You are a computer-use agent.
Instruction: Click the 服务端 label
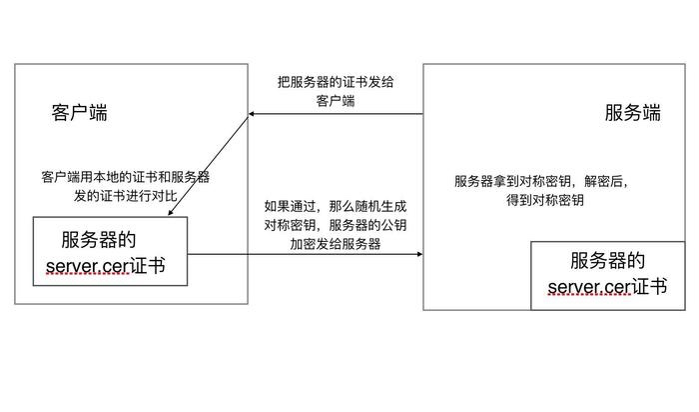click(x=633, y=113)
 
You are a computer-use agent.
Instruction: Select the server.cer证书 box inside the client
click(x=111, y=251)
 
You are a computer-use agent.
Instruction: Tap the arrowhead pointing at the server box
click(x=418, y=255)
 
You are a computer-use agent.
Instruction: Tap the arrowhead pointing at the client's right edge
click(x=253, y=115)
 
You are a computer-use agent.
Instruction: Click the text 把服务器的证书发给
click(x=336, y=82)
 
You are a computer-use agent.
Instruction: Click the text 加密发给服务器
click(x=336, y=243)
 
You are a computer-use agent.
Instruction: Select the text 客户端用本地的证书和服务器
click(x=126, y=176)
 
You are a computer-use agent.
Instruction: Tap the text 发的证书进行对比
click(x=126, y=194)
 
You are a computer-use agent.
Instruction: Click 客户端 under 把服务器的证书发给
click(x=336, y=101)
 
